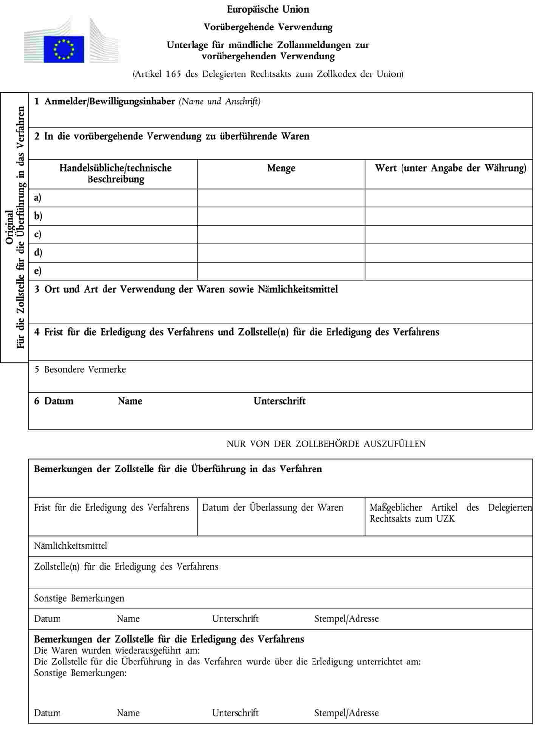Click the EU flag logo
click(63, 49)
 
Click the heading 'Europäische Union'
click(268, 9)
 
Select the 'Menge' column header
click(281, 168)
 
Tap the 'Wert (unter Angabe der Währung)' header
click(450, 168)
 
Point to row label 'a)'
click(38, 198)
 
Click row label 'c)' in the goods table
click(38, 235)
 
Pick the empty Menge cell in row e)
click(281, 271)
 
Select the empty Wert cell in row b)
click(448, 216)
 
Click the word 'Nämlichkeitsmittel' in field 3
click(298, 289)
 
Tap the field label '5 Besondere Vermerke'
click(80, 369)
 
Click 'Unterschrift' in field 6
click(280, 401)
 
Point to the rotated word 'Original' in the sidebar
click(9, 227)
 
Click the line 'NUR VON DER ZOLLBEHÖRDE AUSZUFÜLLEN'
click(326, 444)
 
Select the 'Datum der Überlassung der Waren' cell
click(273, 508)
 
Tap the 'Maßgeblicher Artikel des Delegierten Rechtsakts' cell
click(450, 513)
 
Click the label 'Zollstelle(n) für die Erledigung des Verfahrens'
click(126, 567)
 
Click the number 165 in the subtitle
click(173, 74)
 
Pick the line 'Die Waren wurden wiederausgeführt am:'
click(117, 650)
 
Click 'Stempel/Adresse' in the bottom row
click(346, 713)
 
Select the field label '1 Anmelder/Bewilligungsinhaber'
click(104, 102)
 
